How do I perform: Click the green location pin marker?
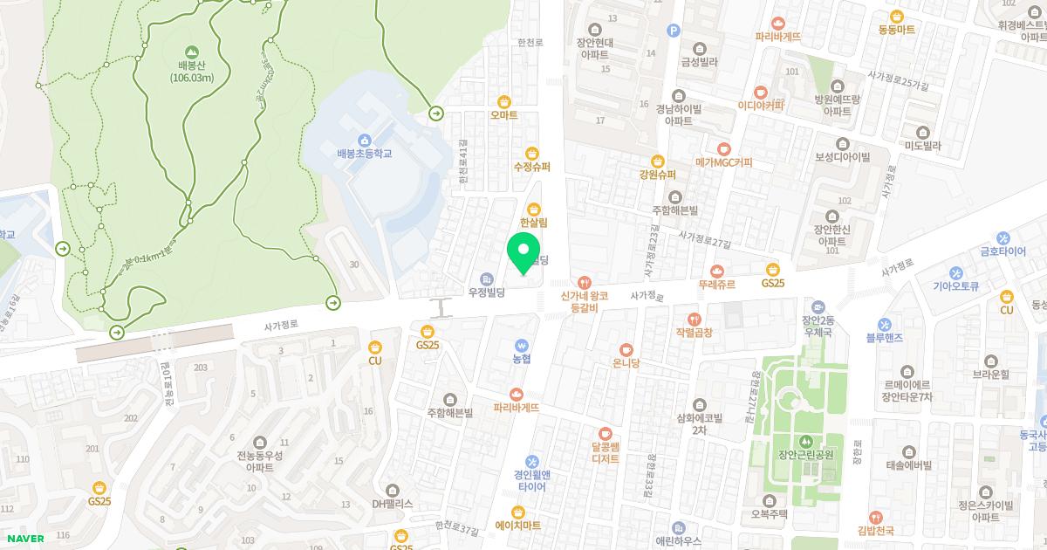(523, 253)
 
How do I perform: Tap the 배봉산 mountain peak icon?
(192, 52)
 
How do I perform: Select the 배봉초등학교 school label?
(365, 153)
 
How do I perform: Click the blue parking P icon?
(673, 31)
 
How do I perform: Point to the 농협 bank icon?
(522, 344)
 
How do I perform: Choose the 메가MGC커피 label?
(723, 162)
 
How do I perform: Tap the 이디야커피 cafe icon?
(760, 92)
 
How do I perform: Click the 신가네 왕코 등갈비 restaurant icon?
(584, 283)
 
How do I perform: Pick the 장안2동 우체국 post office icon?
(818, 307)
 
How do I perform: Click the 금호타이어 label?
(1003, 251)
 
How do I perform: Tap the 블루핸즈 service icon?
(885, 323)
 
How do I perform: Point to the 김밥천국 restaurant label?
(875, 530)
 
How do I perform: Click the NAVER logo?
(24, 539)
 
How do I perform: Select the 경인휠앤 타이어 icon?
(531, 461)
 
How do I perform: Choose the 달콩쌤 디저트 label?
(606, 452)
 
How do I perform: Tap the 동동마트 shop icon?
(896, 16)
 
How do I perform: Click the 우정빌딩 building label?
(488, 292)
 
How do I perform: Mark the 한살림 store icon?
(533, 209)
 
